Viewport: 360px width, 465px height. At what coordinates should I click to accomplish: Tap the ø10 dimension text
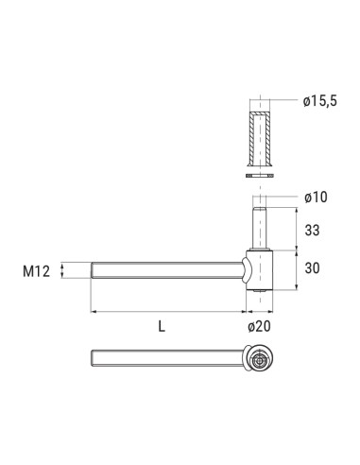pyautogui.click(x=317, y=197)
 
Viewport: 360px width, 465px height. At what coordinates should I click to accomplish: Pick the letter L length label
pyautogui.click(x=163, y=326)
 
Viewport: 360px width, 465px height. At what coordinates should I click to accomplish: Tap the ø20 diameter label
pyautogui.click(x=259, y=326)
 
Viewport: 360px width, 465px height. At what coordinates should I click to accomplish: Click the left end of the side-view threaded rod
pyautogui.click(x=93, y=272)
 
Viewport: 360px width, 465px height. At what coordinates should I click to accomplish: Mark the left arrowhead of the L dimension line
pyautogui.click(x=93, y=310)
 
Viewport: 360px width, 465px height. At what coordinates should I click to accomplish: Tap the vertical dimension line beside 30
pyautogui.click(x=300, y=267)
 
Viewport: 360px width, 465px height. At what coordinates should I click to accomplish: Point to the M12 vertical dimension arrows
pyautogui.click(x=63, y=272)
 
